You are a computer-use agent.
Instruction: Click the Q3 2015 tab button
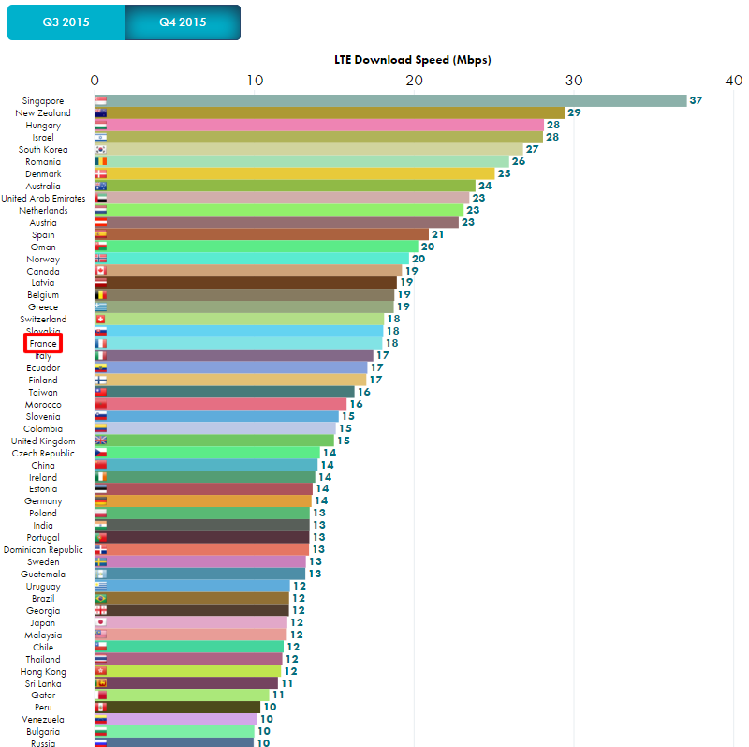coord(66,22)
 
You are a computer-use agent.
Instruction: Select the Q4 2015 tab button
coord(183,22)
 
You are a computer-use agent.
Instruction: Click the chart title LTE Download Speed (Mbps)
coord(413,60)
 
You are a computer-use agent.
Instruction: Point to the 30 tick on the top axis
coord(573,81)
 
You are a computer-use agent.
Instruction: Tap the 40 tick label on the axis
coord(733,81)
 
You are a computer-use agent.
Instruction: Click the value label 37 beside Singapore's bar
coord(696,100)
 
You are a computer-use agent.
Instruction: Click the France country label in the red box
coord(43,344)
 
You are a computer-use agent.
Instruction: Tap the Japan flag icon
coord(100,622)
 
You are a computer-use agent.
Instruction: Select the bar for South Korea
coord(308,149)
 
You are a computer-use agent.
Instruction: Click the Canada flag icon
coord(100,271)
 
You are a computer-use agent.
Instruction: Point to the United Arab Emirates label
coord(43,199)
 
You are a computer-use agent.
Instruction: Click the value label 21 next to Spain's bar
coord(437,234)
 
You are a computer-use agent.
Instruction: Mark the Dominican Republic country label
coord(44,550)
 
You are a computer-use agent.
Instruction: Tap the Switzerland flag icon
coord(100,320)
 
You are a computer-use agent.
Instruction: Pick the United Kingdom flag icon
coord(100,441)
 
